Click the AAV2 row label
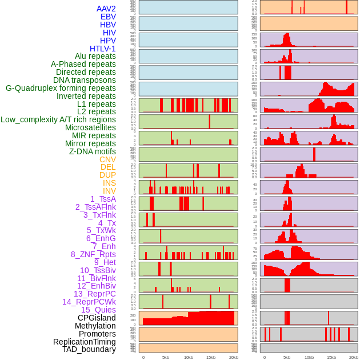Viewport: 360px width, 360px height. pos(106,9)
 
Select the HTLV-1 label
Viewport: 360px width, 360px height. pos(103,49)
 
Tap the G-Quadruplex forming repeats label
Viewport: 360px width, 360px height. pos(61,88)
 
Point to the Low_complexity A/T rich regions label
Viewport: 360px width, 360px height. pos(58,119)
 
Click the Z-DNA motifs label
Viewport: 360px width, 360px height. pos(93,151)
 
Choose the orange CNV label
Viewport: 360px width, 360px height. pos(107,159)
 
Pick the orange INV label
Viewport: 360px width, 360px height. pos(109,191)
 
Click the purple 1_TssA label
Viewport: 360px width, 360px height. pos(103,199)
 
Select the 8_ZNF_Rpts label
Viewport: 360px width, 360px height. pos(93,254)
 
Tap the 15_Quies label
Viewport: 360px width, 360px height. pos(98,310)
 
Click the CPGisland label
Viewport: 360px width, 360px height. pos(97,318)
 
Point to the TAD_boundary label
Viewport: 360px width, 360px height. pos(89,349)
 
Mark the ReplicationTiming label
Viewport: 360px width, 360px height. pos(84,342)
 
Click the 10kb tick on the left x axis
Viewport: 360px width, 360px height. pos(188,357)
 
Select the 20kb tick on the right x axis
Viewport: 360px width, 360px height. pos(354,357)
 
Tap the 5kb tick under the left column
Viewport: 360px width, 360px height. pos(166,357)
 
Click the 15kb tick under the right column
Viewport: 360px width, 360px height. pos(331,357)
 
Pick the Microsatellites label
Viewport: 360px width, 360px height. pos(90,127)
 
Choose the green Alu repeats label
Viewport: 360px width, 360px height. pos(95,56)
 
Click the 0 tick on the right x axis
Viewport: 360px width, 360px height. pos(264,357)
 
